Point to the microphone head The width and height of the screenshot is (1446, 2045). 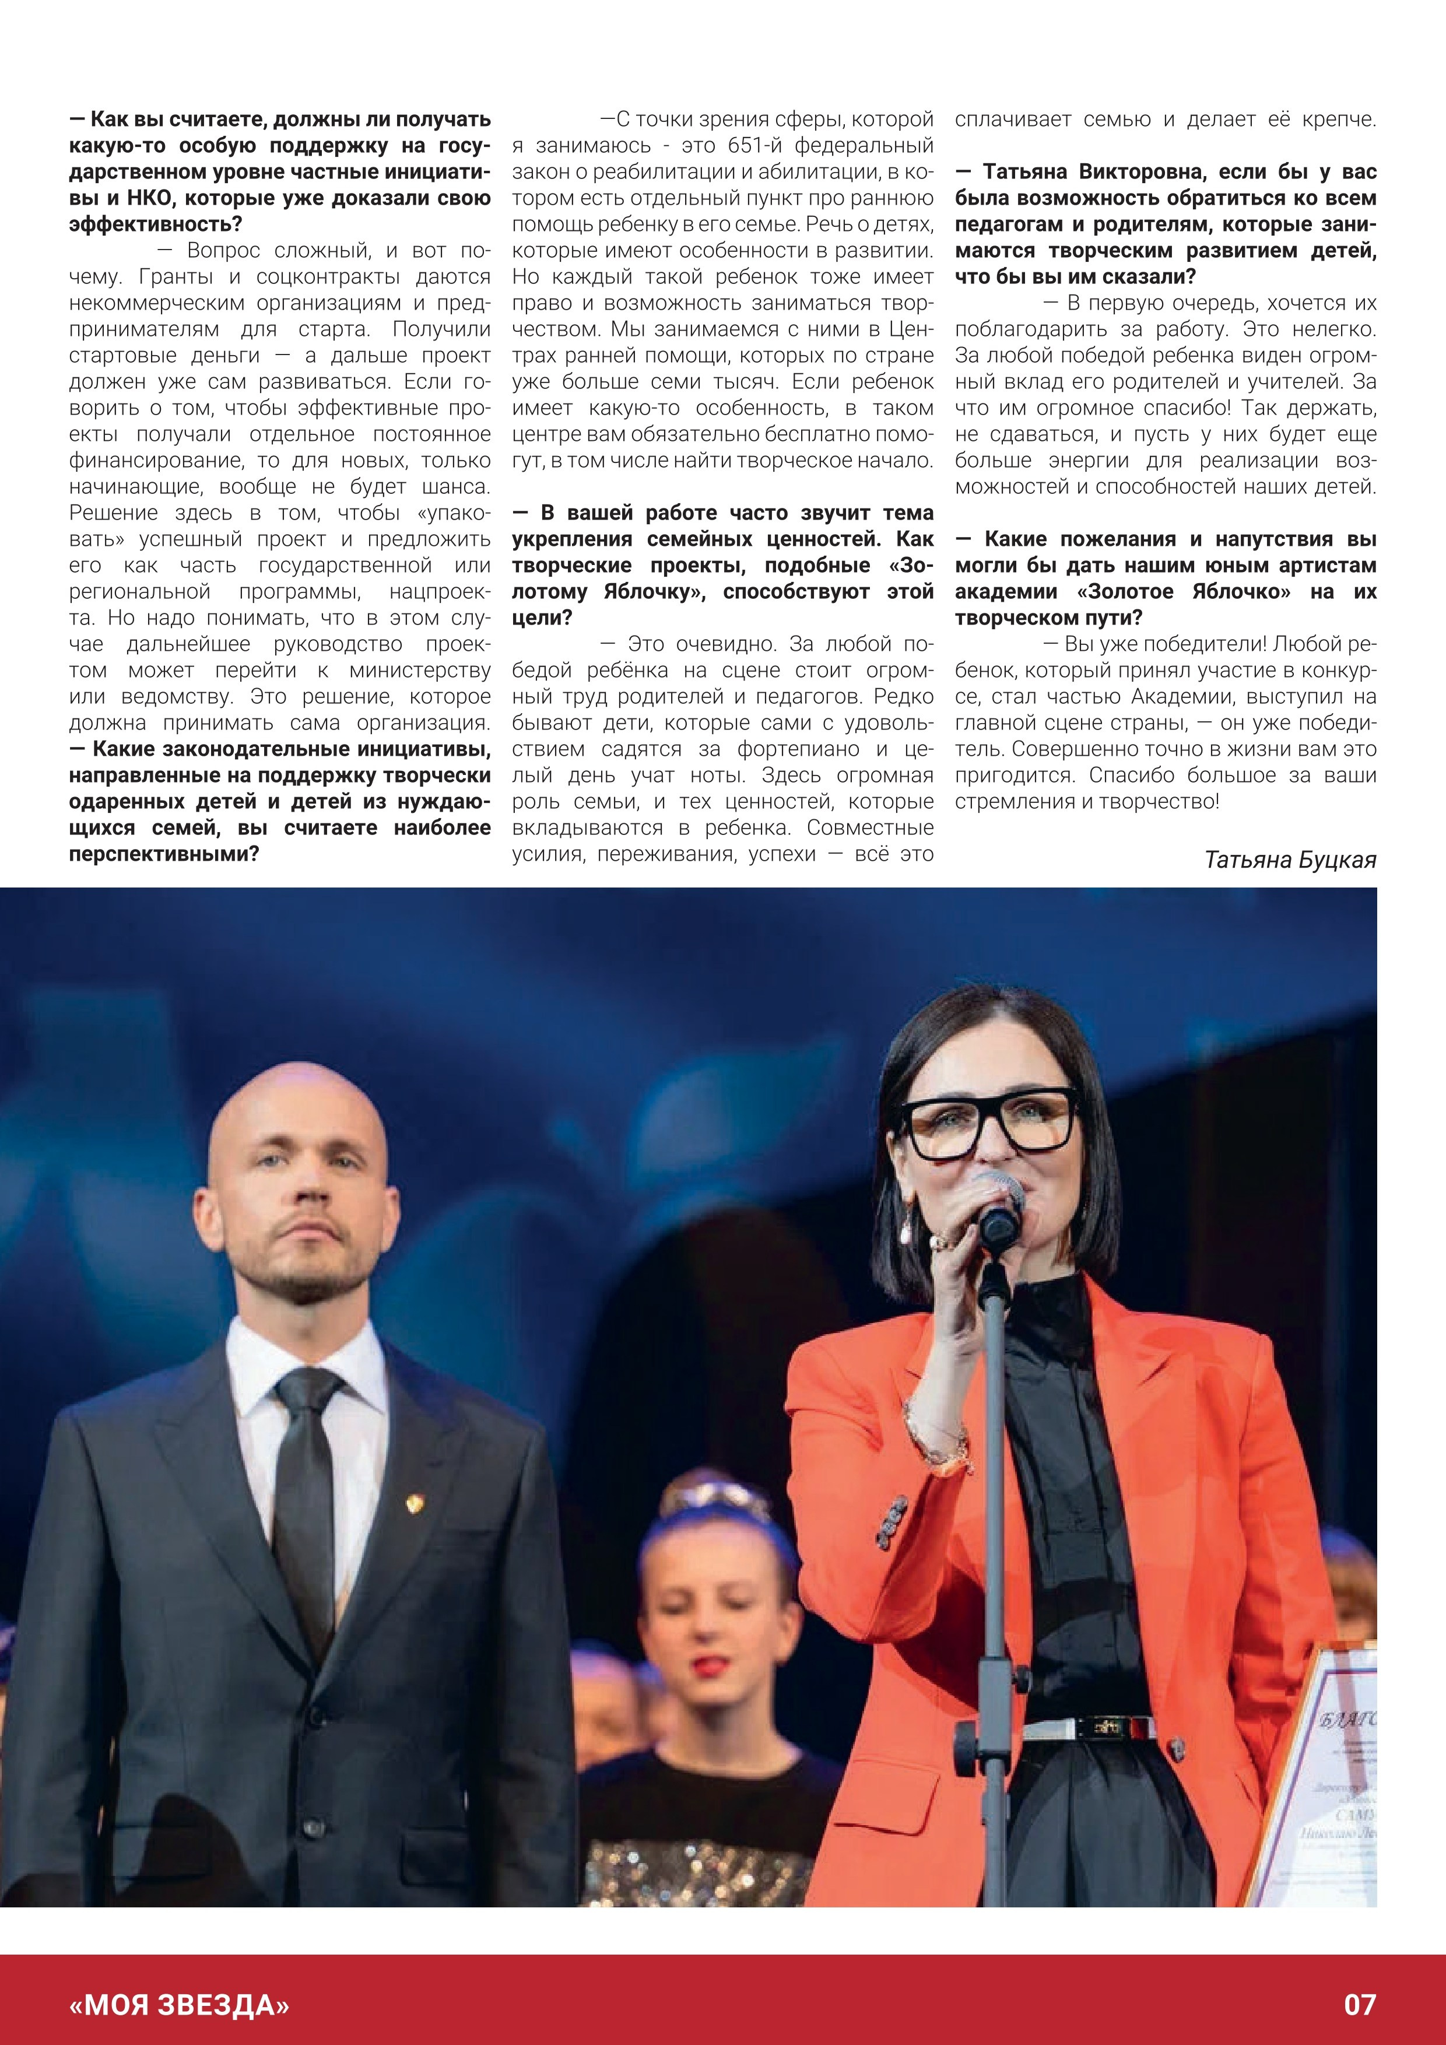coord(997,1199)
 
